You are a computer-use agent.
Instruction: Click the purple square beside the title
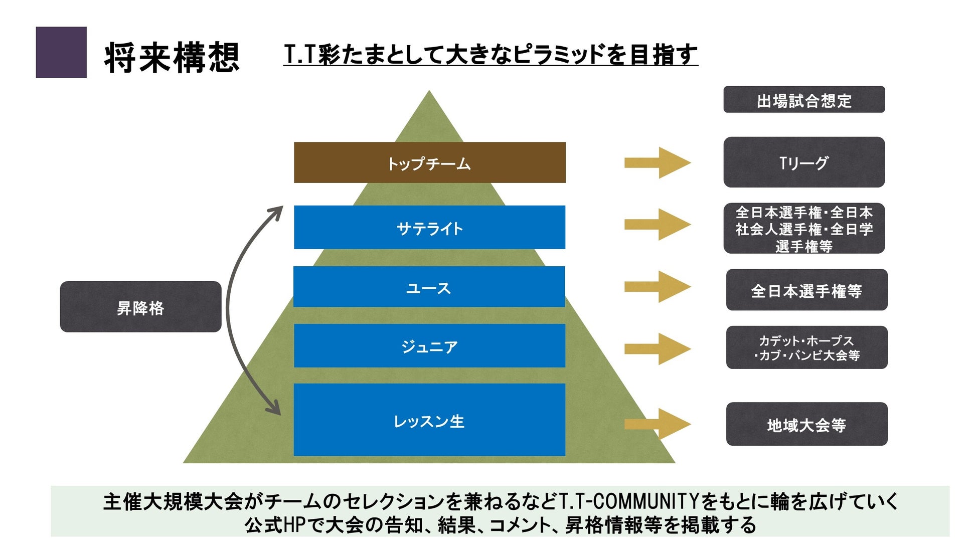point(61,52)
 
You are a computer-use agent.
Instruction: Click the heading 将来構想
point(172,58)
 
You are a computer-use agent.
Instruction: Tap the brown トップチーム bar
point(429,162)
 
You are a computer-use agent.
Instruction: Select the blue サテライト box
point(429,227)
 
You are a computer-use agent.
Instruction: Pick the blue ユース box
point(429,287)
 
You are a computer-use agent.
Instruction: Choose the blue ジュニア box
point(429,345)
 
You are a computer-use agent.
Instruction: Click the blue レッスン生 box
point(429,420)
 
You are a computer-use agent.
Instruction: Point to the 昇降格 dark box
point(140,307)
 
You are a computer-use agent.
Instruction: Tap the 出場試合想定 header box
point(804,100)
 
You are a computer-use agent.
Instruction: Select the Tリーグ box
point(804,162)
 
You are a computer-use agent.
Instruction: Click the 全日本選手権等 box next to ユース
point(806,290)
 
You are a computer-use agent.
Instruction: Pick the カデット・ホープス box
point(806,347)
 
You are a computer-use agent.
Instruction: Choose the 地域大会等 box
point(806,424)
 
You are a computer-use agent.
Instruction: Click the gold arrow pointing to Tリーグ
point(657,162)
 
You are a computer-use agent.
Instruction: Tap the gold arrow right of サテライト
point(657,224)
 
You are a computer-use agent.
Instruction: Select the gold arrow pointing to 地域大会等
point(657,424)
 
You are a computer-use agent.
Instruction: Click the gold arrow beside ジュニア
point(657,348)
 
